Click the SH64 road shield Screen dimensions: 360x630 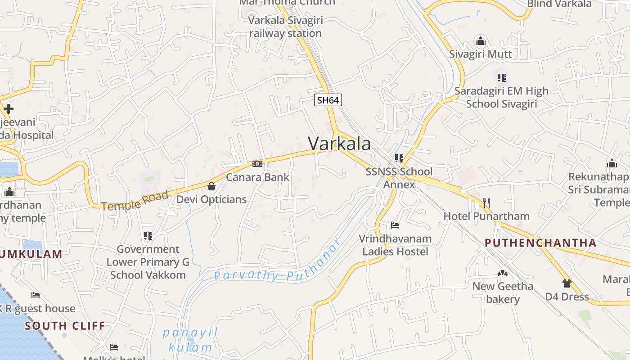328,100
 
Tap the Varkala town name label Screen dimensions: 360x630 340,144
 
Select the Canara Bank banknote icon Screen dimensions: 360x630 257,164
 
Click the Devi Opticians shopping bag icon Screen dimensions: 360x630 211,186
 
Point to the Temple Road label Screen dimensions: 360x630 135,201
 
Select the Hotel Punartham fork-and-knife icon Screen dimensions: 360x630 486,202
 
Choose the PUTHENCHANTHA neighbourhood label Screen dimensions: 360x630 540,243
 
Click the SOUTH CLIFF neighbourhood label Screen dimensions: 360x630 65,325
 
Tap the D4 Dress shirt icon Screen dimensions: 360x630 567,283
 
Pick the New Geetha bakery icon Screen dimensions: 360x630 502,273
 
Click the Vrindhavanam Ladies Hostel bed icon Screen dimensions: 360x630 395,225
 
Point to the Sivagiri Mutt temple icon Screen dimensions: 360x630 480,41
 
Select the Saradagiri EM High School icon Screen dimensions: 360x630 501,77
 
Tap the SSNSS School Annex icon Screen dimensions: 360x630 399,158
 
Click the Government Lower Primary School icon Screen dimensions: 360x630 148,235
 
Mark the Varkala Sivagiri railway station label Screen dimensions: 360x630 285,27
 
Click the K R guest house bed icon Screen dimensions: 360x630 36,295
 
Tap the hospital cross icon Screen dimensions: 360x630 8,109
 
